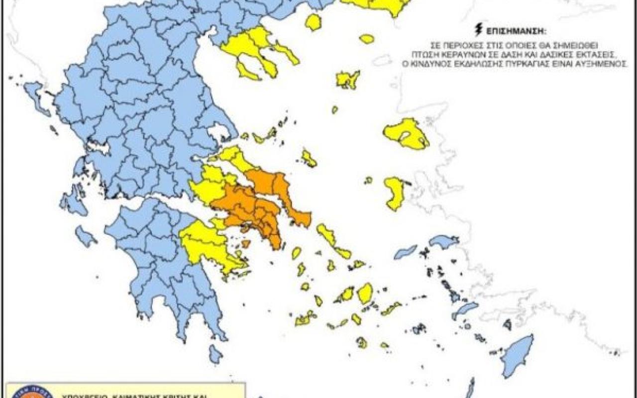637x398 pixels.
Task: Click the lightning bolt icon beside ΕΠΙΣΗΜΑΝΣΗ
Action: tap(479, 29)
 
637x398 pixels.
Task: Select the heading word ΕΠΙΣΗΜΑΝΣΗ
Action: tap(507, 30)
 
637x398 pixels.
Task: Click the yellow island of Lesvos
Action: tap(406, 133)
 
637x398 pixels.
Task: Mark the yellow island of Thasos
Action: tap(313, 22)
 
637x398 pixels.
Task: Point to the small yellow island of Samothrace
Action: tap(367, 38)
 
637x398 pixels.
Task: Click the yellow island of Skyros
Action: tap(309, 158)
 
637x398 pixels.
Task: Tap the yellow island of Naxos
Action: tap(365, 294)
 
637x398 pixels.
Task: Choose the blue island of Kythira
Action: tap(215, 354)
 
